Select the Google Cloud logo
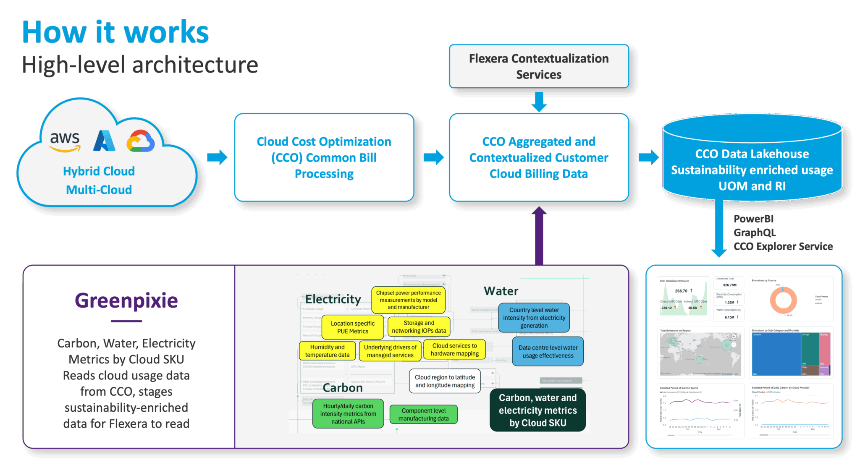point(141,141)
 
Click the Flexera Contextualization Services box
point(539,66)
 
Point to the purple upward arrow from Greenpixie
point(539,235)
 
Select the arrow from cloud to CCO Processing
point(217,157)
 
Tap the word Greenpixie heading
point(126,300)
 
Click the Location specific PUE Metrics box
point(353,327)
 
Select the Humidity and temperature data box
point(327,351)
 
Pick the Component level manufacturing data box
point(423,415)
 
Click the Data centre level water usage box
point(548,352)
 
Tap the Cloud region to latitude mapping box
point(445,381)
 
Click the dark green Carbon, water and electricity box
point(537,410)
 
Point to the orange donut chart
point(783,300)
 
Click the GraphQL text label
point(755,232)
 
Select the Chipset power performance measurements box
point(408,300)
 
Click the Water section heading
point(501,291)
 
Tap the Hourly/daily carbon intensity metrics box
point(348,414)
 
